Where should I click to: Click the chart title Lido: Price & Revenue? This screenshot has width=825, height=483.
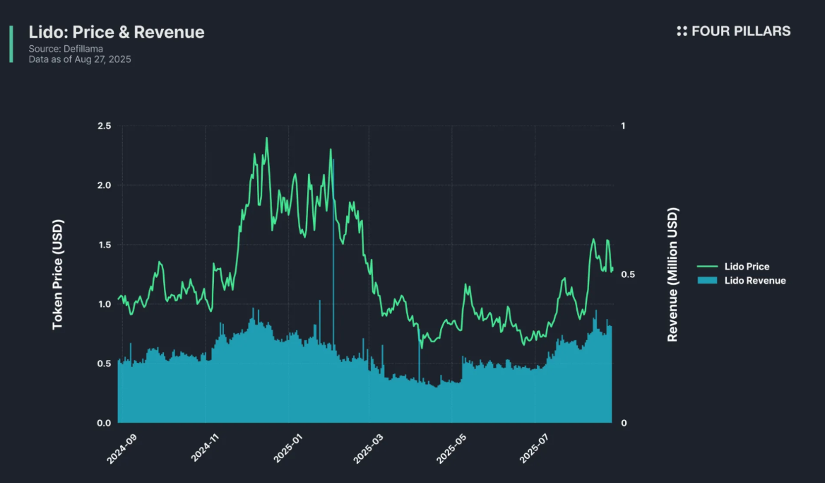tap(117, 32)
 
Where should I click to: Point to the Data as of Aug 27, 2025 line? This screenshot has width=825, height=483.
tap(80, 59)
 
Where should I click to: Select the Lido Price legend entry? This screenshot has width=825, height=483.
tap(747, 267)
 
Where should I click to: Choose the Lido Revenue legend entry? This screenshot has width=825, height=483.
tap(754, 281)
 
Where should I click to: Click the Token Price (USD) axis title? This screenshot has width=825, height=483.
tap(58, 274)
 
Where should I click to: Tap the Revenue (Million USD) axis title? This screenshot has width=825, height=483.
tap(672, 274)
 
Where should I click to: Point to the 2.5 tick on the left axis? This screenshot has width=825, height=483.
tap(104, 126)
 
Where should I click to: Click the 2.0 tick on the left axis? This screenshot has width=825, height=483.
tap(104, 185)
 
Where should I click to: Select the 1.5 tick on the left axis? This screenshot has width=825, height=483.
tap(104, 245)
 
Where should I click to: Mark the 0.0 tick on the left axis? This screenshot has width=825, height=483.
tap(104, 423)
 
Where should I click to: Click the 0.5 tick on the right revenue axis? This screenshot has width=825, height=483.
tap(626, 274)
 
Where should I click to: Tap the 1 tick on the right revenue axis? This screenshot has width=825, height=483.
tap(622, 126)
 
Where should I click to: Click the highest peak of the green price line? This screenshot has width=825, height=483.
tap(266, 138)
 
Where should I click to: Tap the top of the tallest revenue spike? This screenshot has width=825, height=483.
tap(333, 161)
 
